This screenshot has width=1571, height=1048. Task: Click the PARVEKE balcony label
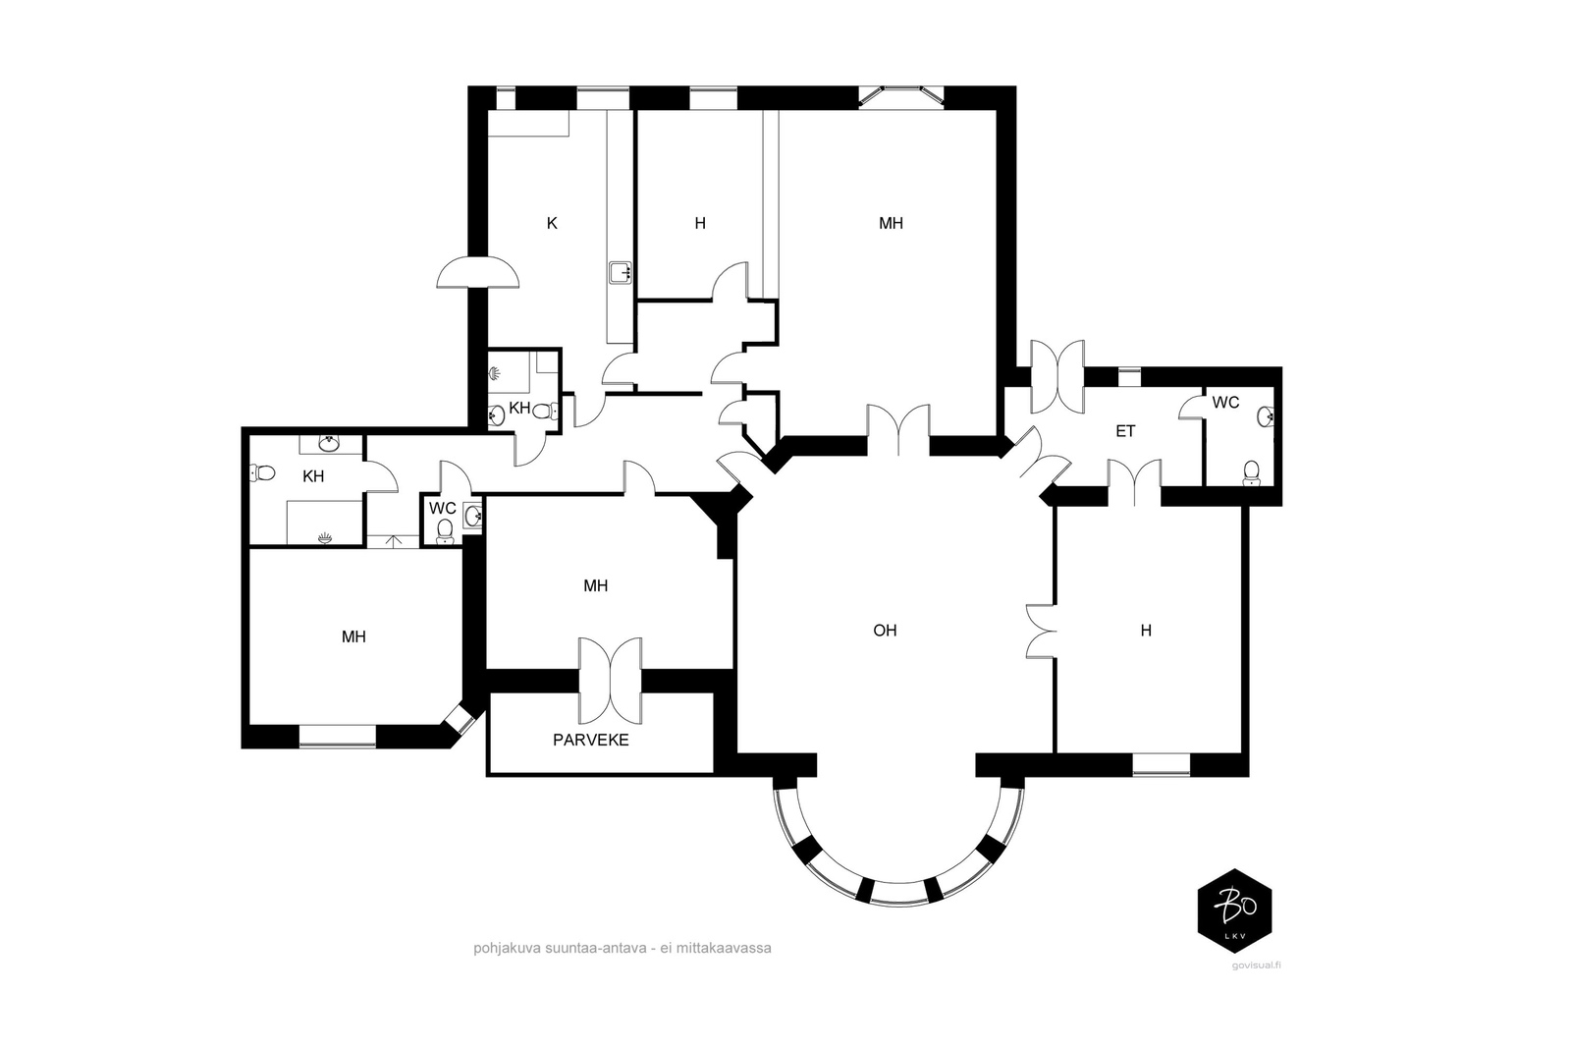pos(590,740)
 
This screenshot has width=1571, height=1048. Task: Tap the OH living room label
pos(885,631)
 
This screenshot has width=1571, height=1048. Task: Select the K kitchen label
pos(552,223)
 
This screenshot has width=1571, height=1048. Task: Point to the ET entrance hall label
pos(1125,431)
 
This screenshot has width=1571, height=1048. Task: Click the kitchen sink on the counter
pos(620,272)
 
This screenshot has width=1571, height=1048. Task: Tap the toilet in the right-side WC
pos(1250,473)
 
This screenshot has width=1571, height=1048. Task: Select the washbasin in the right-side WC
pos(1266,416)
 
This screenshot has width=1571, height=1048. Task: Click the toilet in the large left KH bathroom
pos(262,472)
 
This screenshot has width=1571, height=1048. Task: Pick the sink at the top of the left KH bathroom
pos(329,443)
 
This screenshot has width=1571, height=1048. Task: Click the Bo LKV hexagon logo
pos(1234,910)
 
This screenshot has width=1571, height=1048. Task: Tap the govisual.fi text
pos(1256,965)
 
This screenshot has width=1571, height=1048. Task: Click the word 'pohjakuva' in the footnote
pos(506,949)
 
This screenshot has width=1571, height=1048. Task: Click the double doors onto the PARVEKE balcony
pos(610,681)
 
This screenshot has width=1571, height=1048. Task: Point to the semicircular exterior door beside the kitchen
pos(478,272)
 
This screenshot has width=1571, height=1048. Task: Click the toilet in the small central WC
pos(445,531)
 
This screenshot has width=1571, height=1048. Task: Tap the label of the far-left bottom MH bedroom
pos(353,636)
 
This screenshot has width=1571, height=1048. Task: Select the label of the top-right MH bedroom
pos(891,223)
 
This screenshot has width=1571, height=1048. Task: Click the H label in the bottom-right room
pos(1146,631)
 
